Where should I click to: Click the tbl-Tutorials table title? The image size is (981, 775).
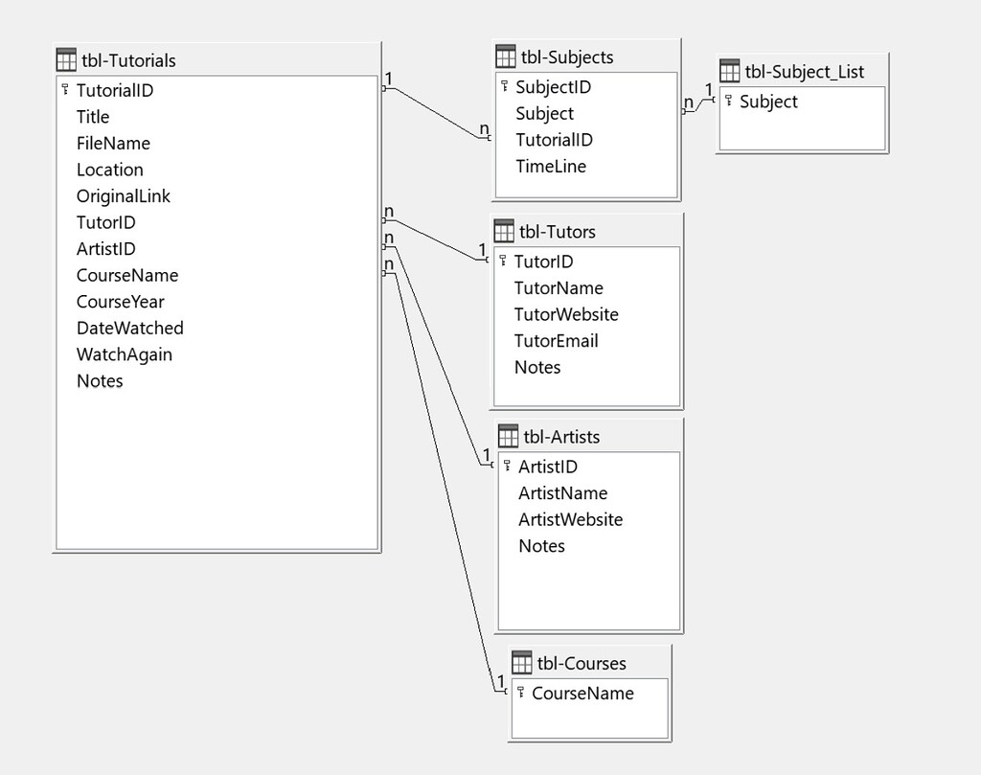[x=128, y=60]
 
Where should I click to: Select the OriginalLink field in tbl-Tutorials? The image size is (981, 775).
[x=123, y=195]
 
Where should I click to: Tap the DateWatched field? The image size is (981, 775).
[x=129, y=328]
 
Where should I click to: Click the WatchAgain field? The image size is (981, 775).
[x=125, y=354]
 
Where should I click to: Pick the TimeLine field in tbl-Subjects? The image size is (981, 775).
[x=550, y=166]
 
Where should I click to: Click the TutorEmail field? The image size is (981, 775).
[x=556, y=340]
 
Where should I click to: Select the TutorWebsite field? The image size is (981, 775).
[x=565, y=314]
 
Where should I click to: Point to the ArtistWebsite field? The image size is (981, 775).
[x=570, y=519]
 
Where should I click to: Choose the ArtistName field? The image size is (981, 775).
[x=562, y=493]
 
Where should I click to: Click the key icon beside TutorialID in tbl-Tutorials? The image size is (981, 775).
[x=65, y=90]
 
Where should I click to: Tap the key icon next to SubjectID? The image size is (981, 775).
[x=504, y=86]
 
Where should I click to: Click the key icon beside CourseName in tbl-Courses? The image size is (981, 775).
[x=520, y=692]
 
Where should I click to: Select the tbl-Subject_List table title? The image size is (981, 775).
[x=804, y=72]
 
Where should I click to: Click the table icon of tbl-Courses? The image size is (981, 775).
[x=522, y=663]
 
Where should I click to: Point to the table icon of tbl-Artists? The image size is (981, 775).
[x=508, y=437]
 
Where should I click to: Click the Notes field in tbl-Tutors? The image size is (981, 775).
[x=536, y=367]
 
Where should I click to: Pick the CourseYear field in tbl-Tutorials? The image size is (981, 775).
[x=120, y=302]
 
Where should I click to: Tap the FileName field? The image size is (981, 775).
[x=113, y=143]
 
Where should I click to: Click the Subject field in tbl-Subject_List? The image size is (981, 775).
[x=768, y=102]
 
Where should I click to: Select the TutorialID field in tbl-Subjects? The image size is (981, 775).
[x=554, y=140]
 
